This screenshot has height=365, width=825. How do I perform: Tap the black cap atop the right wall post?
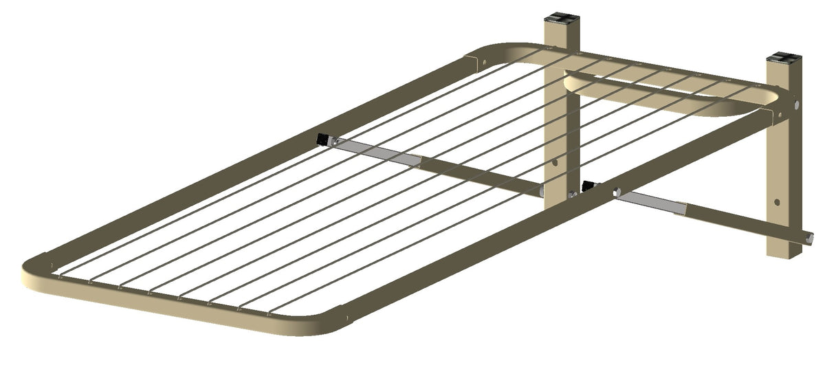pyautogui.click(x=783, y=56)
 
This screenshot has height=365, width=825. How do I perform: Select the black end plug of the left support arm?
pyautogui.click(x=322, y=140)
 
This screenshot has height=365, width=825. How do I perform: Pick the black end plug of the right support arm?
pyautogui.click(x=588, y=186)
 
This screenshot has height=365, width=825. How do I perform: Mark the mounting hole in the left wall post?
pyautogui.click(x=555, y=163)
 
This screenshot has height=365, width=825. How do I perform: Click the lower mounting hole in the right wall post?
pyautogui.click(x=777, y=203)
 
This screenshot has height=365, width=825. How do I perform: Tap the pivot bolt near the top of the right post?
pyautogui.click(x=796, y=104)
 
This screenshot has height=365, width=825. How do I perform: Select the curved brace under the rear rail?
pyautogui.click(x=660, y=103)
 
